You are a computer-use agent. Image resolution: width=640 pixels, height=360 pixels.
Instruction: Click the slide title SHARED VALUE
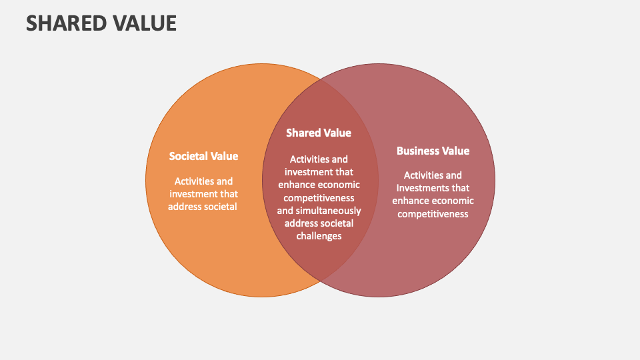click(x=101, y=23)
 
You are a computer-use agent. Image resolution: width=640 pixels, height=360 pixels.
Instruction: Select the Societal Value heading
click(x=203, y=156)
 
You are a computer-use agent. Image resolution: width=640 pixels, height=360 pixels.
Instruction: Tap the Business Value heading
click(x=433, y=151)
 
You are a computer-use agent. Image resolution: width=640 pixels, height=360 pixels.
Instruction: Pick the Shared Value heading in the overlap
click(x=319, y=133)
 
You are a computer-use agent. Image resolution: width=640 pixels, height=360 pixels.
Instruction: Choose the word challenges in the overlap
click(x=319, y=236)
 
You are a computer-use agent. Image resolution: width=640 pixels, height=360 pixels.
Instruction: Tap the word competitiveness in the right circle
click(x=433, y=214)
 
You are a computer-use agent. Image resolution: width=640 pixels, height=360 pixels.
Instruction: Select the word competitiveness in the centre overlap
click(x=319, y=198)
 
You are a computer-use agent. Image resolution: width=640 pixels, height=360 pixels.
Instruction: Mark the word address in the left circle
click(x=184, y=207)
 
